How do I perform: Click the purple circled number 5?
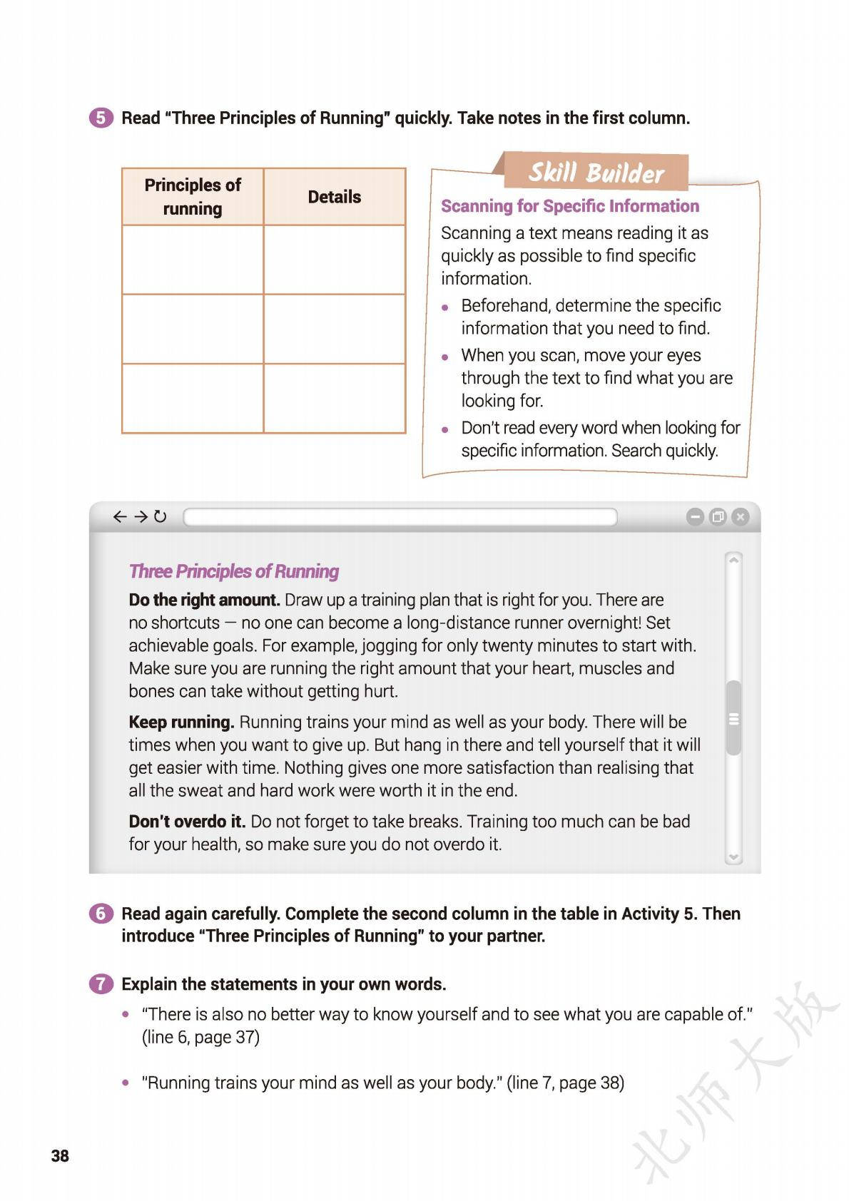pyautogui.click(x=101, y=118)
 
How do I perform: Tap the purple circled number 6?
pyautogui.click(x=101, y=914)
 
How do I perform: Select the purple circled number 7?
pyautogui.click(x=101, y=984)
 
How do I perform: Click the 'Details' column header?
pyautogui.click(x=334, y=197)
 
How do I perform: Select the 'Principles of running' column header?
pyautogui.click(x=193, y=197)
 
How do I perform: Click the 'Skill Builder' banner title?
pyautogui.click(x=596, y=173)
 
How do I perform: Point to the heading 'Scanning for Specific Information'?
pyautogui.click(x=569, y=206)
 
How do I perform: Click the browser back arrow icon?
pyautogui.click(x=120, y=516)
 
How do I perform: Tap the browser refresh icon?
pyautogui.click(x=161, y=516)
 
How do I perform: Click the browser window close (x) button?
pyautogui.click(x=741, y=517)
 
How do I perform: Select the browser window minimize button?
pyautogui.click(x=694, y=517)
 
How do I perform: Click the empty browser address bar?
pyautogui.click(x=400, y=517)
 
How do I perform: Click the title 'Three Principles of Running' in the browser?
pyautogui.click(x=233, y=571)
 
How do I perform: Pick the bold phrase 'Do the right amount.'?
pyautogui.click(x=204, y=600)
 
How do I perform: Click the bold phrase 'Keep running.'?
pyautogui.click(x=181, y=722)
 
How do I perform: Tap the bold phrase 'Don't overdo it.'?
pyautogui.click(x=187, y=822)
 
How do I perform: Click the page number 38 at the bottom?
pyautogui.click(x=60, y=1156)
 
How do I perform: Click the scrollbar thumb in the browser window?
pyautogui.click(x=733, y=718)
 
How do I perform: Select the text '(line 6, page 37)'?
pyautogui.click(x=200, y=1037)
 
